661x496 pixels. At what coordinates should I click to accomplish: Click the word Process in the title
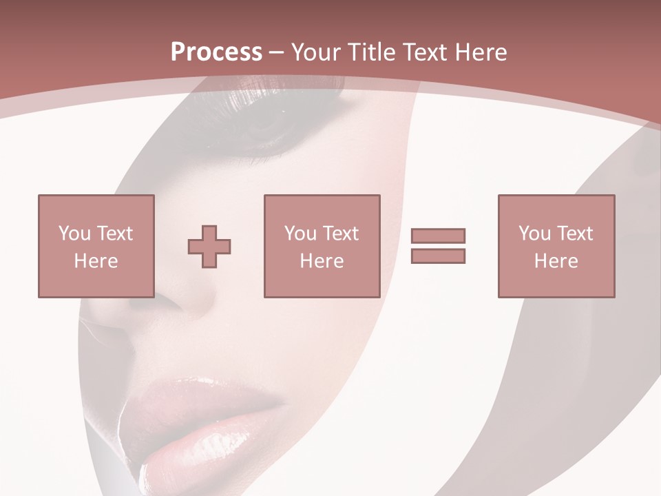[x=216, y=52]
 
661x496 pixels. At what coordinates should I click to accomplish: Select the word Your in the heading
[x=315, y=52]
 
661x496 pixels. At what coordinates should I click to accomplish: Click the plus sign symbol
[x=209, y=247]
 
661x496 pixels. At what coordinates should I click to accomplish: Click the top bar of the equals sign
[x=438, y=236]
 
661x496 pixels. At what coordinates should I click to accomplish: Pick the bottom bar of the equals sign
[x=438, y=256]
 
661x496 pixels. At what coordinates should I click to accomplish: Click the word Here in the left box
[x=96, y=261]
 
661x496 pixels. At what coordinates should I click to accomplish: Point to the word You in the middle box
[x=300, y=234]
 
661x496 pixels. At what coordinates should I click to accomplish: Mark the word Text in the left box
[x=114, y=234]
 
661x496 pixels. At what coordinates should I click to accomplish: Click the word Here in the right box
[x=556, y=261]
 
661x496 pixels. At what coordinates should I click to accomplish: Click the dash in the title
[x=276, y=53]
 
